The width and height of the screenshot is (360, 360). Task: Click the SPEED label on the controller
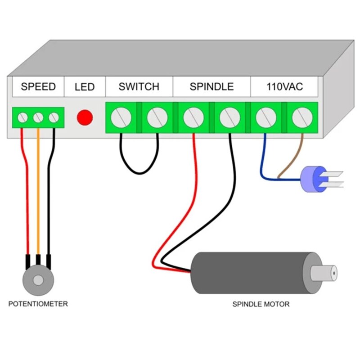click(38, 86)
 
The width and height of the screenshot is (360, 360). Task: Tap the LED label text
click(85, 86)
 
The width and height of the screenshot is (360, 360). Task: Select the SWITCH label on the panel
click(139, 86)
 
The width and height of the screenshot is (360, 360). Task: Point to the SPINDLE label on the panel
click(211, 86)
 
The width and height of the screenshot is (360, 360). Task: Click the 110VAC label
click(284, 86)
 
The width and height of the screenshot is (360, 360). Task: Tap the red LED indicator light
click(85, 117)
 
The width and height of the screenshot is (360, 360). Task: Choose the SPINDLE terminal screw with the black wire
click(229, 117)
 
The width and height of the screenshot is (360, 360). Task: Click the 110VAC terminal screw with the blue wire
click(265, 117)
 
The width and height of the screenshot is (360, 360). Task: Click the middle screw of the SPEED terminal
click(38, 118)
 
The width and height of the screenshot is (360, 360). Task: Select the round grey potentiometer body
click(38, 280)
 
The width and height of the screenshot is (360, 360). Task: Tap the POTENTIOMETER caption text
click(38, 304)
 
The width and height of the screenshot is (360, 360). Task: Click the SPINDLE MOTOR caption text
click(261, 304)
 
